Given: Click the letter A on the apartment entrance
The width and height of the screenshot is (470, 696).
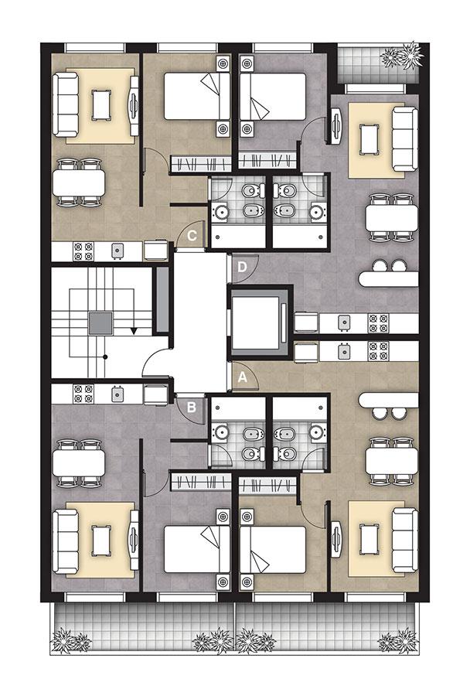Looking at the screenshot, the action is pyautogui.click(x=242, y=377).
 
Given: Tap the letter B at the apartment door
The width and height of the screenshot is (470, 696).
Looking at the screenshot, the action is pyautogui.click(x=191, y=407).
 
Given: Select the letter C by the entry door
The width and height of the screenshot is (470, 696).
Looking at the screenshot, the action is pyautogui.click(x=192, y=235).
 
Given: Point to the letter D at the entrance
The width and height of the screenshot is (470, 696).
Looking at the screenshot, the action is pyautogui.click(x=242, y=267).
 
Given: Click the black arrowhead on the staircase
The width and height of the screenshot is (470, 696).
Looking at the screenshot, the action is pyautogui.click(x=134, y=331).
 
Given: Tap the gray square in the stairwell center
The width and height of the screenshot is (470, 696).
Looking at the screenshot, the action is pyautogui.click(x=100, y=322).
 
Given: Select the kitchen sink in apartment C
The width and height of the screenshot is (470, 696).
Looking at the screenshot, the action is pyautogui.click(x=117, y=251).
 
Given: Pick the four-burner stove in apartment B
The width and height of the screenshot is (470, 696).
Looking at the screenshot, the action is pyautogui.click(x=83, y=394).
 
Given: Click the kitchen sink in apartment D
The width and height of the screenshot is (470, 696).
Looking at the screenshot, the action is pyautogui.click(x=344, y=322).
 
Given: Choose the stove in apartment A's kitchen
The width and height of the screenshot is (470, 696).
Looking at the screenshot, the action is pyautogui.click(x=379, y=350).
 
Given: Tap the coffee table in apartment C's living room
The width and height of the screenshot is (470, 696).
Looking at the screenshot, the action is pyautogui.click(x=100, y=104).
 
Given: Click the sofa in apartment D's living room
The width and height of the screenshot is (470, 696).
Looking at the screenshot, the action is pyautogui.click(x=405, y=138).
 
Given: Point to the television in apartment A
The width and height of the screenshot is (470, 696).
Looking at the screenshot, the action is pyautogui.click(x=336, y=538).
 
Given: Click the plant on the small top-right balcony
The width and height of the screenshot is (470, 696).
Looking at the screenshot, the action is pyautogui.click(x=403, y=56).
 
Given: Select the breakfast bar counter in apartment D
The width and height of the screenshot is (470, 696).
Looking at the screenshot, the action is pyautogui.click(x=388, y=279).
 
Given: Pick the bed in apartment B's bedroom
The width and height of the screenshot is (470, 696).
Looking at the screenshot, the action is pyautogui.click(x=197, y=550).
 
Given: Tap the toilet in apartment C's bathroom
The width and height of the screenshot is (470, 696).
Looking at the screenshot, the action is pyautogui.click(x=253, y=191).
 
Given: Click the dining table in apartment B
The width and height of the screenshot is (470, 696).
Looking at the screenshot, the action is pyautogui.click(x=79, y=464).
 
